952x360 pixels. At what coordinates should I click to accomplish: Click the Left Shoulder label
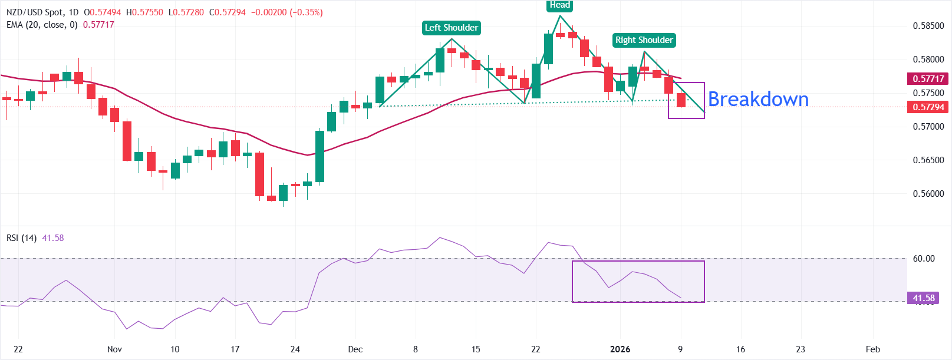click(452, 28)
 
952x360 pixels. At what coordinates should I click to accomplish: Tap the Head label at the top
click(559, 5)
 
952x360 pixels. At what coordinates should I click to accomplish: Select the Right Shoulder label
click(644, 40)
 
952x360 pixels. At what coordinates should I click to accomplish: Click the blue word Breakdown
click(758, 99)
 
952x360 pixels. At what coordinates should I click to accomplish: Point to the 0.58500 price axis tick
click(928, 26)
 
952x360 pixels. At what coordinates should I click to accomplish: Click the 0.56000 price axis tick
click(928, 194)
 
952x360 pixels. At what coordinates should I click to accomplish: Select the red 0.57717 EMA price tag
click(928, 78)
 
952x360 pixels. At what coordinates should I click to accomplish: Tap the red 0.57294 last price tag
click(928, 107)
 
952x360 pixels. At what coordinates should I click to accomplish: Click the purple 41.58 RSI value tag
click(924, 298)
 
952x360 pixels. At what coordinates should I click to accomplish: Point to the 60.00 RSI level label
click(924, 259)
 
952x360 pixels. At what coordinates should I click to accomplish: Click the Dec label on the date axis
click(355, 349)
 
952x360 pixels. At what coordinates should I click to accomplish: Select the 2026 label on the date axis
click(620, 349)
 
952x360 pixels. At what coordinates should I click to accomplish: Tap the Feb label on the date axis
click(873, 349)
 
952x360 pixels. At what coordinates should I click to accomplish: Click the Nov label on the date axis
click(115, 349)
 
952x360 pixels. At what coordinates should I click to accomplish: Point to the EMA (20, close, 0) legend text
click(42, 25)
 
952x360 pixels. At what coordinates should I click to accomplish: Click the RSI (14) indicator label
click(21, 238)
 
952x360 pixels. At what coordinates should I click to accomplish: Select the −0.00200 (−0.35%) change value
click(287, 12)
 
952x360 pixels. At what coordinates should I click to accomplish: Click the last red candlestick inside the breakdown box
click(681, 100)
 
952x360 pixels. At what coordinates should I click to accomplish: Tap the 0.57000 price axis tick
click(928, 127)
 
